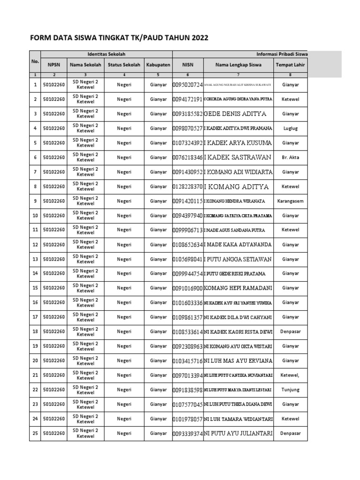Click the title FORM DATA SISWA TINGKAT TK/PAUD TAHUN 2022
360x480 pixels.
[119, 38]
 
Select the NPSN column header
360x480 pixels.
[54, 65]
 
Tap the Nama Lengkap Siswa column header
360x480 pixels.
[239, 65]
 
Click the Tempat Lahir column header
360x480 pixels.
[290, 65]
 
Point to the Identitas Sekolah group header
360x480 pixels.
[106, 54]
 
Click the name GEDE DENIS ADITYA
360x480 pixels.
[235, 114]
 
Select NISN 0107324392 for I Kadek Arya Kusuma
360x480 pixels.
[187, 143]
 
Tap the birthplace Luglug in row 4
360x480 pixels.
[290, 128]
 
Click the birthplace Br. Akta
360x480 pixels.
[290, 157]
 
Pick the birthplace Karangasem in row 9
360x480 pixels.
[290, 201]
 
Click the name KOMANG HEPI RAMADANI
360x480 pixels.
[238, 288]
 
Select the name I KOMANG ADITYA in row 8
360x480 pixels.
[236, 187]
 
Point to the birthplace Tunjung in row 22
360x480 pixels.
[290, 390]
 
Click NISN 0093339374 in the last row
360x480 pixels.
[187, 434]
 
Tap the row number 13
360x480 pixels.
[35, 259]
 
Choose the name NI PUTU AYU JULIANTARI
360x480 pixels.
[238, 434]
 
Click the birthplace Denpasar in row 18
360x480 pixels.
[290, 331]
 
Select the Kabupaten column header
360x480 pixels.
[158, 65]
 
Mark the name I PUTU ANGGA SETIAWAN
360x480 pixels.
[238, 259]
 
